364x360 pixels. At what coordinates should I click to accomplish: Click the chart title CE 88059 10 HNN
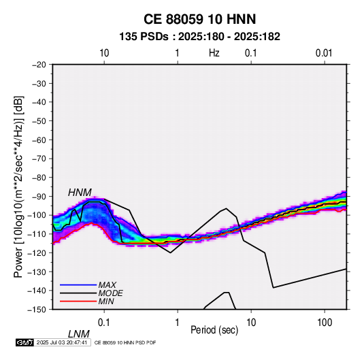click(199, 19)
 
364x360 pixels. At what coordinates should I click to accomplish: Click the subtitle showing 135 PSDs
click(199, 37)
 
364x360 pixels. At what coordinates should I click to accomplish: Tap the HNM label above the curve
click(80, 193)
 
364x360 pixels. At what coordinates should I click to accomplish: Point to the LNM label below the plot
click(79, 334)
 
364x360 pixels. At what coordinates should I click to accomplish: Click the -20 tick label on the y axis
click(39, 65)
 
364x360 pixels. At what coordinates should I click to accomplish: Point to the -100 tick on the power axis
click(37, 215)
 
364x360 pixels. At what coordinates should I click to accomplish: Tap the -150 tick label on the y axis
click(37, 310)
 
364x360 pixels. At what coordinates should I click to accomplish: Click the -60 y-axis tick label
click(39, 140)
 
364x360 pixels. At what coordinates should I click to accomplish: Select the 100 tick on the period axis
click(325, 323)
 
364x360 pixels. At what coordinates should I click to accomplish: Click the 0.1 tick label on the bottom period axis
click(104, 323)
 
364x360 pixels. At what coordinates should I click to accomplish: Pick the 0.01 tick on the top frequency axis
click(324, 53)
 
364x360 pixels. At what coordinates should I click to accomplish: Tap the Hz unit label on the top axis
click(214, 53)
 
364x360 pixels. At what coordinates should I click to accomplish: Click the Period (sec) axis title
click(214, 330)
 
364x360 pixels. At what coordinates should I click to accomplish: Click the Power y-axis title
click(18, 187)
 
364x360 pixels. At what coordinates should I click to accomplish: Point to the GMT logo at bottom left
click(24, 342)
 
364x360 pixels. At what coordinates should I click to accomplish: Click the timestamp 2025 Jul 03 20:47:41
click(62, 342)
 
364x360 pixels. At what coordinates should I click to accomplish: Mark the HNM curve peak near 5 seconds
click(227, 208)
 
